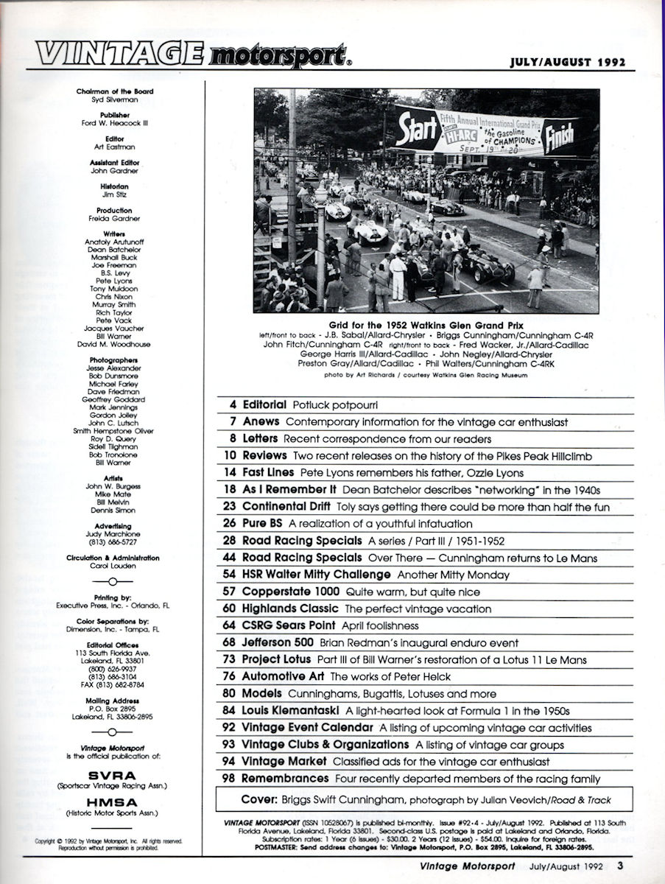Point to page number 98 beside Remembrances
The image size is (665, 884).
click(228, 779)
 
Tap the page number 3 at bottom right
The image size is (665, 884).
click(621, 866)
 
